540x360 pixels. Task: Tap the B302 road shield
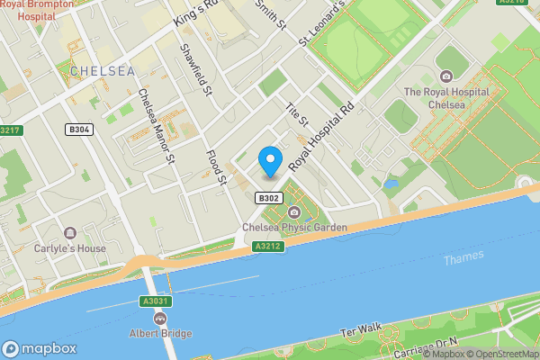point(269,198)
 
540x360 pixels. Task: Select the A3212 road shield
point(268,246)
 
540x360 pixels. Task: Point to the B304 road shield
point(80,130)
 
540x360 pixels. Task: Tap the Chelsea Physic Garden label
point(294,229)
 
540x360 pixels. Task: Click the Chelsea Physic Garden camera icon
point(294,212)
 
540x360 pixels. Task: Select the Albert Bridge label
point(159,334)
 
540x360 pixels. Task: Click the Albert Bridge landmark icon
point(160,318)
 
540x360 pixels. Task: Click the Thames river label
point(463,257)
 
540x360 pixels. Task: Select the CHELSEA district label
point(102,71)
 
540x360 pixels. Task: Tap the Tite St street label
point(296,113)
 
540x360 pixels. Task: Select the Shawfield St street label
point(195,71)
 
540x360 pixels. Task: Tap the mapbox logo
point(40,348)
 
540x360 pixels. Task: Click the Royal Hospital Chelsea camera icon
point(445,76)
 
